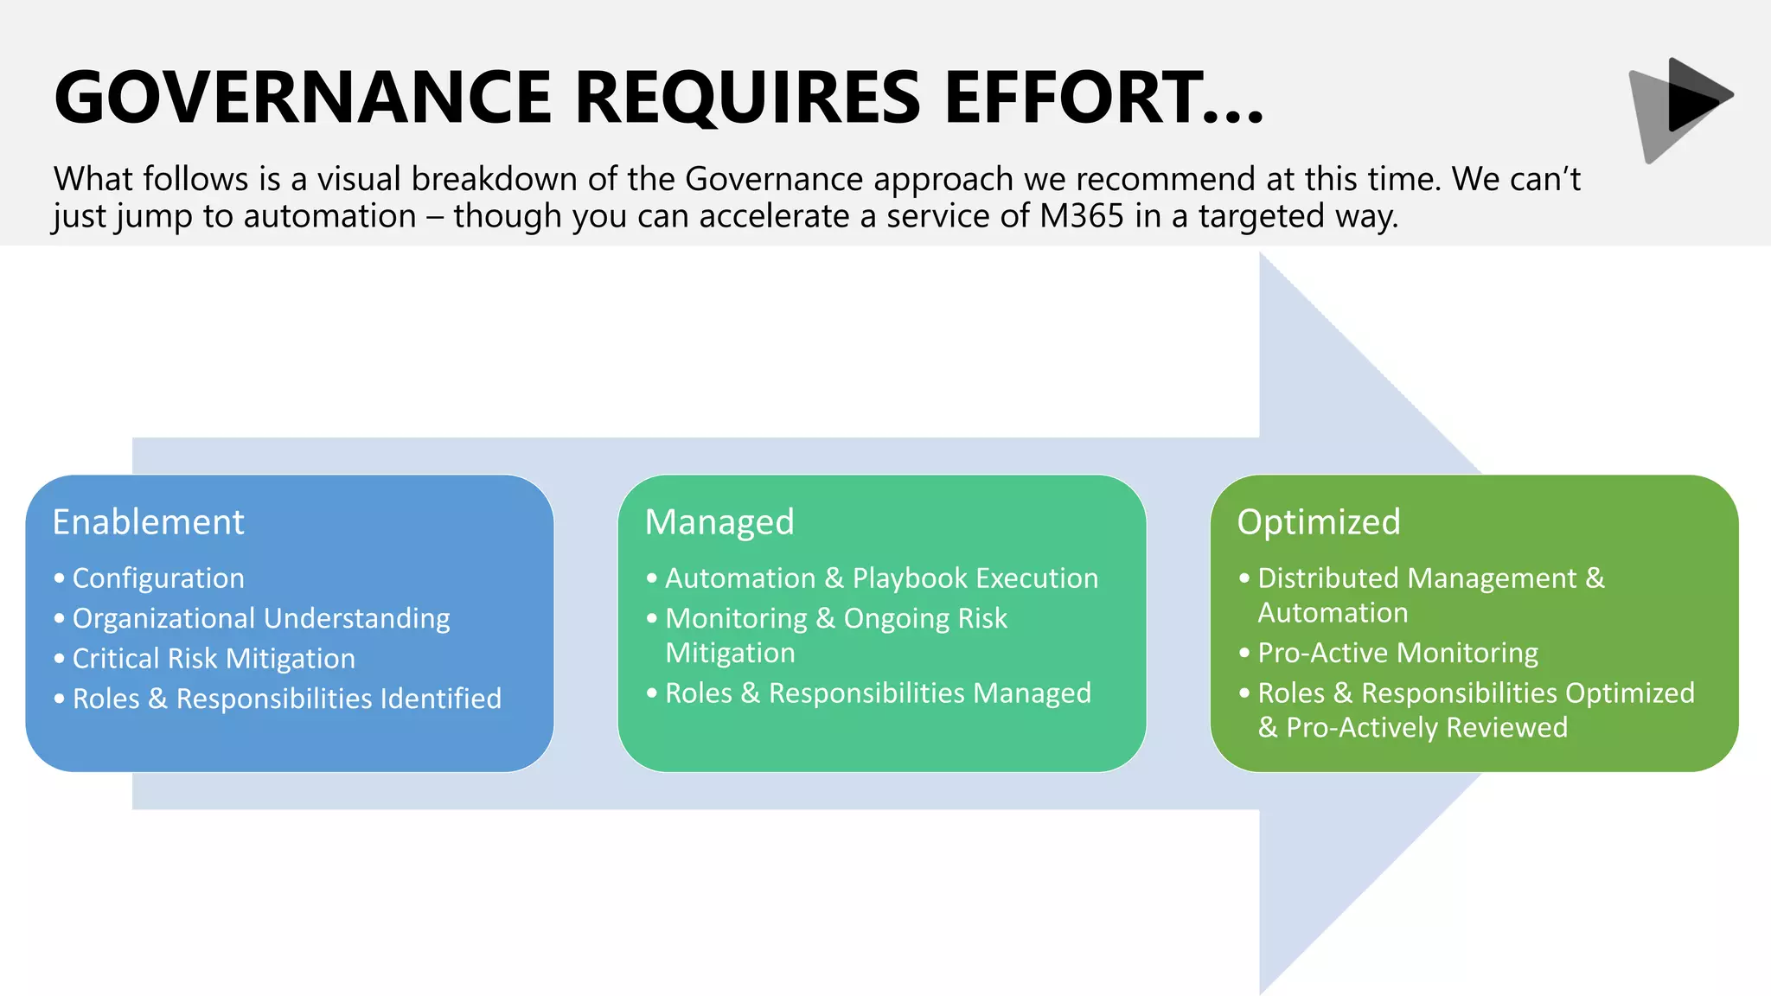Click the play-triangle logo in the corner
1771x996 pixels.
point(1681,107)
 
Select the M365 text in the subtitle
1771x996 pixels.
point(1082,216)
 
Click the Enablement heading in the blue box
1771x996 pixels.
point(149,522)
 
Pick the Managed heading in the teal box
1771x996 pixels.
point(719,522)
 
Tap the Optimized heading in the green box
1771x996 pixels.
point(1319,522)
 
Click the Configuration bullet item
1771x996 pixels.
point(158,578)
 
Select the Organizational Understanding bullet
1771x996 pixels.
point(261,619)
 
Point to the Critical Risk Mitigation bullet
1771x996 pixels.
point(214,659)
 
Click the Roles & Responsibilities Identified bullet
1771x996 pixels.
point(287,699)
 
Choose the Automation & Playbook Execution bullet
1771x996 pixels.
point(881,578)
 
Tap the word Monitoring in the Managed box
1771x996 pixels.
point(736,619)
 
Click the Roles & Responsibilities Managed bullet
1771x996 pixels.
point(878,693)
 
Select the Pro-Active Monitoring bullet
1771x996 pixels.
point(1397,654)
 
